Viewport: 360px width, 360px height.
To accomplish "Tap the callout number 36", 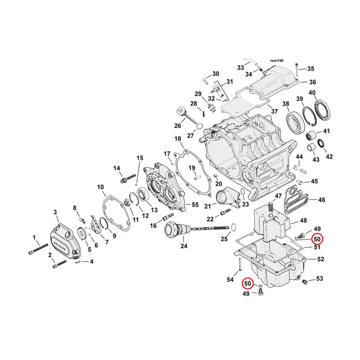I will (x=312, y=82).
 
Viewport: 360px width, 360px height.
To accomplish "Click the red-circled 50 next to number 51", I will (x=317, y=239).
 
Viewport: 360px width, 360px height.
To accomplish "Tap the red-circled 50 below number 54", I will (x=248, y=284).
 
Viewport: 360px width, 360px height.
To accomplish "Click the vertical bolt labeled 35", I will (x=297, y=70).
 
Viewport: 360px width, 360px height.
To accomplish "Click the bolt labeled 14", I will (x=127, y=180).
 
